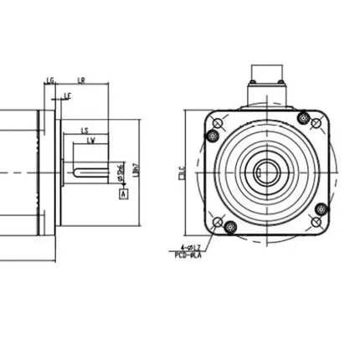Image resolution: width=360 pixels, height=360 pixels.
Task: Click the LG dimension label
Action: pyautogui.click(x=50, y=81)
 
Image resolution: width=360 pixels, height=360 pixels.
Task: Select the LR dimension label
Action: pyautogui.click(x=81, y=81)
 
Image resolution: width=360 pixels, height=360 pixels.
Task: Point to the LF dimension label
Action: pyautogui.click(x=67, y=97)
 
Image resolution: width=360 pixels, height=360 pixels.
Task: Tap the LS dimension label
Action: pyautogui.click(x=85, y=131)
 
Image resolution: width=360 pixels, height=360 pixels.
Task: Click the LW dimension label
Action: pyautogui.click(x=90, y=141)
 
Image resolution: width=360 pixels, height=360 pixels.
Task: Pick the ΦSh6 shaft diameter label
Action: pyautogui.click(x=122, y=172)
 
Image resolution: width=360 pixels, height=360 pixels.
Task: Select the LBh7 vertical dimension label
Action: pyautogui.click(x=136, y=170)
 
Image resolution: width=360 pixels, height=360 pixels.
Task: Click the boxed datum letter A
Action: pyautogui.click(x=124, y=193)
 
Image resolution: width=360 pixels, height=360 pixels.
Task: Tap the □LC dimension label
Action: pyautogui.click(x=182, y=173)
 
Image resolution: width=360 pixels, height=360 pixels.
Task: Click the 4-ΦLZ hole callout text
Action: pyautogui.click(x=191, y=248)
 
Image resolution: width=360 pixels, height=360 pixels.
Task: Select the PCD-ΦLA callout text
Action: pyautogui.click(x=188, y=255)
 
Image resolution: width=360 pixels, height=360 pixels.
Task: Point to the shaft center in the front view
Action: pyautogui.click(x=266, y=173)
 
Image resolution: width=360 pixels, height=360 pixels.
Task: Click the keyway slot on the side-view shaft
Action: pyautogui.click(x=89, y=173)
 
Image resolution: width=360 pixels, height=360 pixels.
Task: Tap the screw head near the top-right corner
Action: pyautogui.click(x=316, y=124)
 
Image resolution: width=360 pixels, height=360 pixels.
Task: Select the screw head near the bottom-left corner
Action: pyautogui.click(x=218, y=223)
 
